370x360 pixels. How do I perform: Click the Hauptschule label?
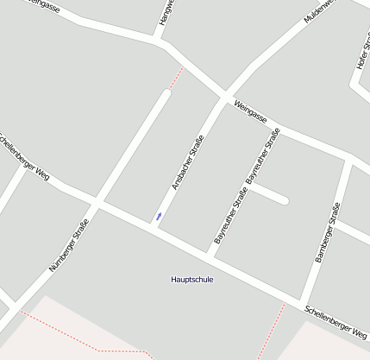coord(191,280)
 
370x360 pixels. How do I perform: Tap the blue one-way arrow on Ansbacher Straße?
coord(159,215)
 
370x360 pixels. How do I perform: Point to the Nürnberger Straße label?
coord(69,247)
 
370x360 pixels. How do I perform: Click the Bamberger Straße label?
coord(328,232)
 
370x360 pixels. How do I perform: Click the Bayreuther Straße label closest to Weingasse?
coord(264,155)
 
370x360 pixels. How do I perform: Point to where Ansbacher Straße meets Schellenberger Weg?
coord(153,227)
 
